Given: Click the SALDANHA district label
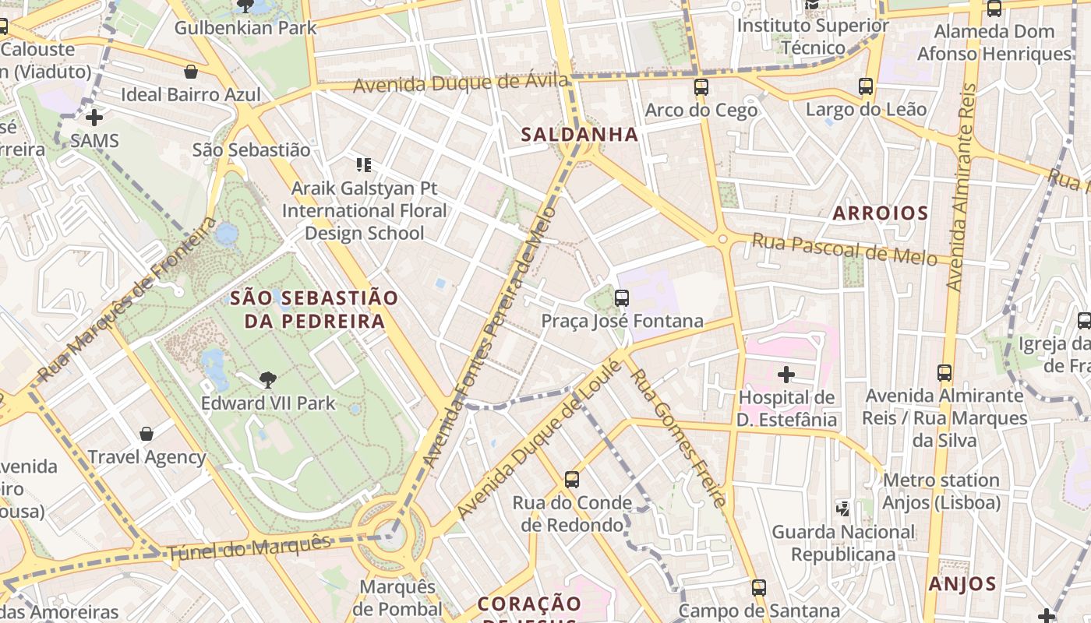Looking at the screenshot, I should tap(579, 135).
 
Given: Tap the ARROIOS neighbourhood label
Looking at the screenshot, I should tap(880, 213).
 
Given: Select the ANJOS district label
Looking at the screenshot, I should tap(962, 584).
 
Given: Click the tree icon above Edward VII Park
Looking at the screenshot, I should tap(267, 380).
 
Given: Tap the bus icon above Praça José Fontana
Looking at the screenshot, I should tap(621, 297).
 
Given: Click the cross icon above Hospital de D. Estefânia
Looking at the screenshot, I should tap(786, 375).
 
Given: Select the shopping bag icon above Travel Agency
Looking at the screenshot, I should tap(147, 434).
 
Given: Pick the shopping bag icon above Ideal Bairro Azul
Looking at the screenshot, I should tap(191, 72).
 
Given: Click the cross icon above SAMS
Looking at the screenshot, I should tap(94, 118).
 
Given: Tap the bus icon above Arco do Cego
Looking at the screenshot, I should tap(701, 87).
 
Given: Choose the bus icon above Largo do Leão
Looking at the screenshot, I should tap(866, 86).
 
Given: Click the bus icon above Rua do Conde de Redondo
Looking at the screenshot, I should tap(572, 480).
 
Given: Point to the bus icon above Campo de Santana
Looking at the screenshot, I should tap(759, 588).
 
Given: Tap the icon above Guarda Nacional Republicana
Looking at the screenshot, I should tap(842, 509).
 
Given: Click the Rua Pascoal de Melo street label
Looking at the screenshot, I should tap(844, 250).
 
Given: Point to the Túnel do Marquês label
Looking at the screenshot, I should tap(249, 547).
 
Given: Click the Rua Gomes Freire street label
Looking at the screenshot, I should tap(677, 437).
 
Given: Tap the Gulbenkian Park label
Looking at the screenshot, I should tap(245, 28).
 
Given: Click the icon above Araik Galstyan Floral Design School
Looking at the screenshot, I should tap(363, 165).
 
